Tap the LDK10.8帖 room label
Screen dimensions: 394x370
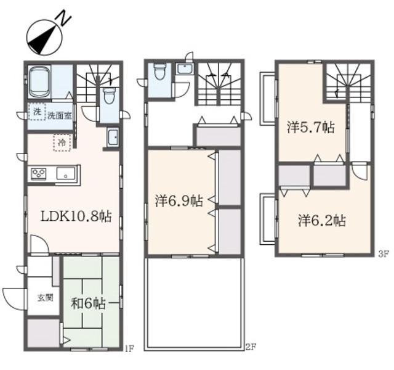pos(76,216)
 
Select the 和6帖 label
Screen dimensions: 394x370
pos(88,304)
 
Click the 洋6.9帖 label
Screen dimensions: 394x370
pos(179,201)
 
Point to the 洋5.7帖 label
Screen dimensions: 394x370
pos(311,127)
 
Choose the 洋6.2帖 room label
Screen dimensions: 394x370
pos(322,220)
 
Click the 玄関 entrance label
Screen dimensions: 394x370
pos(45,298)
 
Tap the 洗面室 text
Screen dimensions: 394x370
pos(60,116)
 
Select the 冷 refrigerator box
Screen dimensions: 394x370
pos(62,142)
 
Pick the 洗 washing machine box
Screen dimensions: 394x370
pos(37,112)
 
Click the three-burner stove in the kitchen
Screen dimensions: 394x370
pos(39,174)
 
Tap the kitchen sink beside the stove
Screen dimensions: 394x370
pos(66,173)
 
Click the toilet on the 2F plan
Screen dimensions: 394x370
pos(159,72)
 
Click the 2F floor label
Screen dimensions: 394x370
pos(250,348)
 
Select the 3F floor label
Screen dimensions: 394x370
pos(382,254)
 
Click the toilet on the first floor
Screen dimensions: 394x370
pos(109,96)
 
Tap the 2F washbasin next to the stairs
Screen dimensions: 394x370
pos(185,68)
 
